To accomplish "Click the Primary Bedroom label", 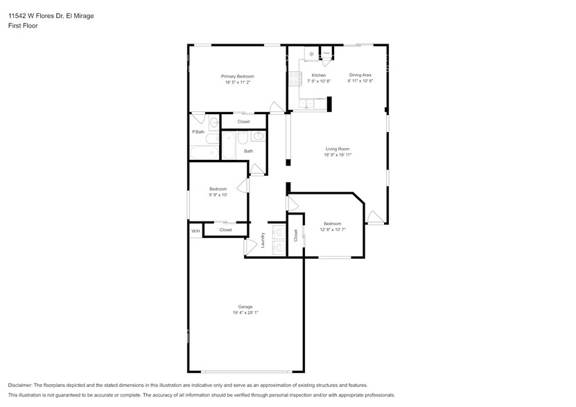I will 237,76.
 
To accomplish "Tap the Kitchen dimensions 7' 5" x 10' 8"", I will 318,82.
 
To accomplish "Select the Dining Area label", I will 360,75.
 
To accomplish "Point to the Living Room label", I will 338,149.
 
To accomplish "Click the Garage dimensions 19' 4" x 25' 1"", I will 245,313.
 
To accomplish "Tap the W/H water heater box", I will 195,230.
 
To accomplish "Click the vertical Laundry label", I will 263,240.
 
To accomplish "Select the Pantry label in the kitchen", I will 326,53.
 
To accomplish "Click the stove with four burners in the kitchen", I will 311,53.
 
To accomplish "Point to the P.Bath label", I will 198,132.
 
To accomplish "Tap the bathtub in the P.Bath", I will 204,153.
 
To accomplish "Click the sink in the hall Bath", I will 257,136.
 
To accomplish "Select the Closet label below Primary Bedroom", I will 243,122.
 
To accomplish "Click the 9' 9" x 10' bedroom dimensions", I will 218,195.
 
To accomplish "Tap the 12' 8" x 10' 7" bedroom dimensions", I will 332,230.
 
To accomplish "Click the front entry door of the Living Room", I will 375,217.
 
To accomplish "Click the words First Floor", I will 23,26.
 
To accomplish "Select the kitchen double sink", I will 308,105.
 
